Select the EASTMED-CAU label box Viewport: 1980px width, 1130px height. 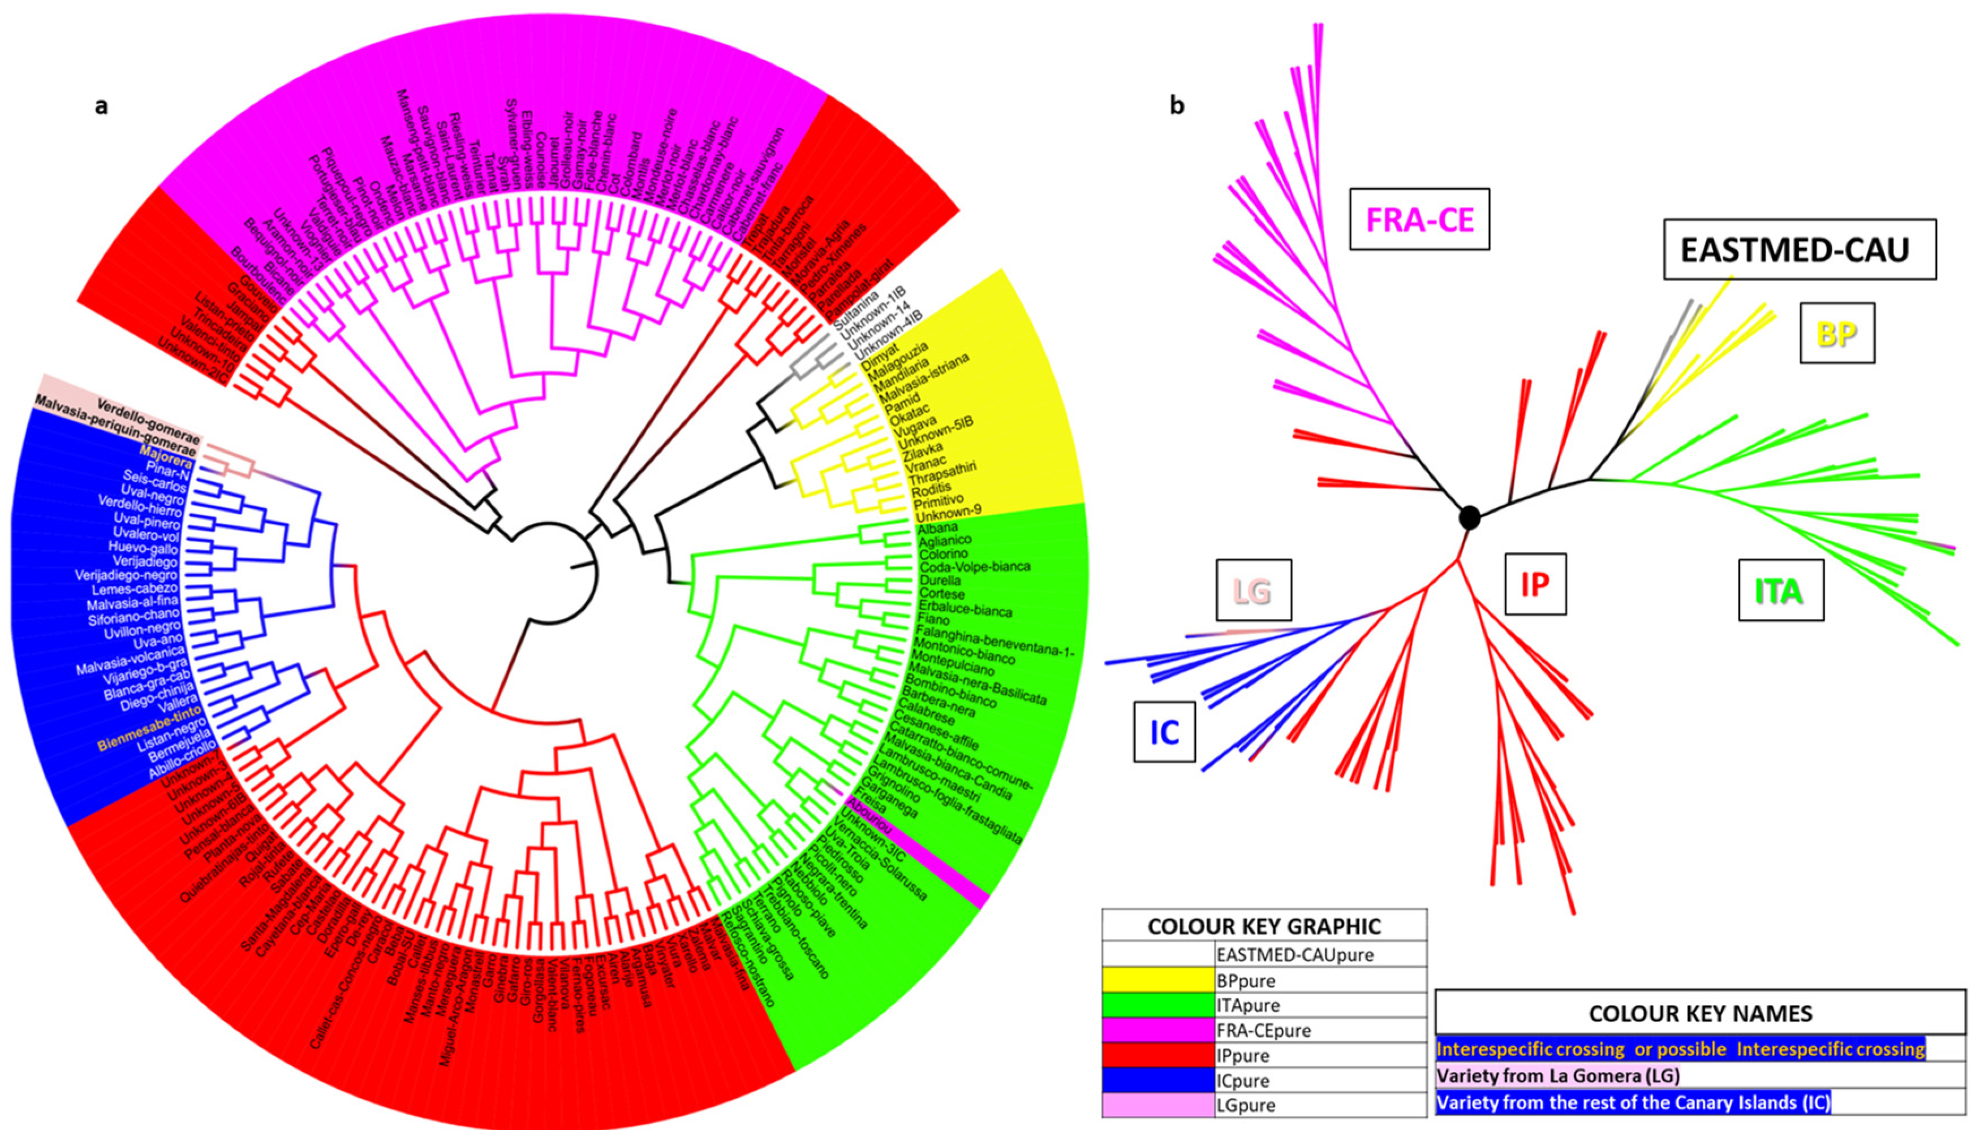point(1798,249)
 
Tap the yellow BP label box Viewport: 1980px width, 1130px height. point(1836,333)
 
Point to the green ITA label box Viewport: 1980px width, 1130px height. point(1780,591)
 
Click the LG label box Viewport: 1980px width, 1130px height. point(1253,590)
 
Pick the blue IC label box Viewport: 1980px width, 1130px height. point(1164,731)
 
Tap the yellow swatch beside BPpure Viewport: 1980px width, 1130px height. point(1157,980)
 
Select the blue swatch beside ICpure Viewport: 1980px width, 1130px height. point(1157,1080)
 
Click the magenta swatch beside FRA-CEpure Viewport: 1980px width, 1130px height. point(1157,1030)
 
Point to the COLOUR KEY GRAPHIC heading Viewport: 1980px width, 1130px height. point(1263,926)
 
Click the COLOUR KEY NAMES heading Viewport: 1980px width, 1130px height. point(1700,1013)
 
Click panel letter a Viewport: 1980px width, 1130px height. point(101,107)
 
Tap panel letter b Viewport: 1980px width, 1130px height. point(1177,107)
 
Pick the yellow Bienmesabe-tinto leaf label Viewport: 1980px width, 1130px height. point(149,727)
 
